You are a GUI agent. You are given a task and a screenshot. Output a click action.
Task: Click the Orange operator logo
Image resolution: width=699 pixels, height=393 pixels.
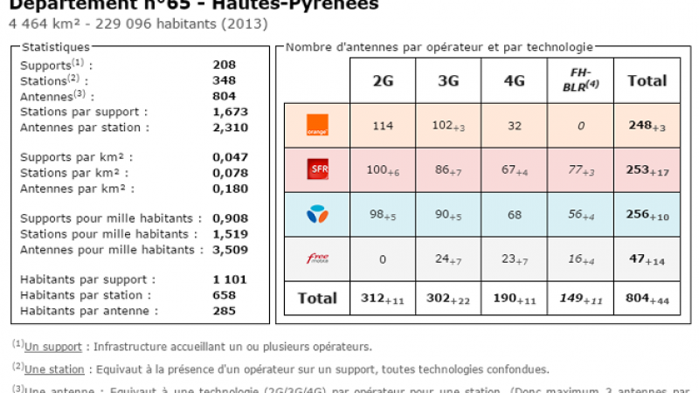pyautogui.click(x=317, y=126)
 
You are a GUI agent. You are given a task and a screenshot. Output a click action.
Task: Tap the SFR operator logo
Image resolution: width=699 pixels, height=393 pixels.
pyautogui.click(x=317, y=170)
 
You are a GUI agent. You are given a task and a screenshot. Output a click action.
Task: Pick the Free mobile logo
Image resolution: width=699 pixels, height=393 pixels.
pyautogui.click(x=317, y=259)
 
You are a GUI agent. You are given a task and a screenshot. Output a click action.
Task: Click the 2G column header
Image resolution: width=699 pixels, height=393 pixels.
pyautogui.click(x=383, y=81)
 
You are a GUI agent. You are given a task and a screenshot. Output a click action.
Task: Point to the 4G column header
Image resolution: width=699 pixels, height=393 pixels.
pyautogui.click(x=514, y=81)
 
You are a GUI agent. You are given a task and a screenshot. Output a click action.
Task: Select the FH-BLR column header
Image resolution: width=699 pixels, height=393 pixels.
pyautogui.click(x=581, y=80)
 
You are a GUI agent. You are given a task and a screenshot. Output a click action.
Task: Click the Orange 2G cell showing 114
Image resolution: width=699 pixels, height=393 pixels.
pyautogui.click(x=383, y=126)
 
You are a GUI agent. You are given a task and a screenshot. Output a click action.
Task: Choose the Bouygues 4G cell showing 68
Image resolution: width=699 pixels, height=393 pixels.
pyautogui.click(x=514, y=215)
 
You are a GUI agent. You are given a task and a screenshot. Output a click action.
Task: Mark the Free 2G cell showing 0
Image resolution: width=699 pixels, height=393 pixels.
pyautogui.click(x=383, y=259)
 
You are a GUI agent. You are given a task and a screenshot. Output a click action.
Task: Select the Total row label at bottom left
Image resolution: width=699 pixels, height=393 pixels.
pyautogui.click(x=317, y=299)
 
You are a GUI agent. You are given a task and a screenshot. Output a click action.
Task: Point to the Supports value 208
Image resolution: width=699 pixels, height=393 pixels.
pyautogui.click(x=224, y=65)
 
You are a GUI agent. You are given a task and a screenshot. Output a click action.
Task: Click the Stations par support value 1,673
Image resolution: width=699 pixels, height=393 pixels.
pyautogui.click(x=231, y=112)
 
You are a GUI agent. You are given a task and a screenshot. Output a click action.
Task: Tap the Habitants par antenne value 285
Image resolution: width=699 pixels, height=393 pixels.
pyautogui.click(x=224, y=310)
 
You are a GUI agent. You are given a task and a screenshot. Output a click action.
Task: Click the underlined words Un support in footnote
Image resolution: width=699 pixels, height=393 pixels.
pyautogui.click(x=53, y=347)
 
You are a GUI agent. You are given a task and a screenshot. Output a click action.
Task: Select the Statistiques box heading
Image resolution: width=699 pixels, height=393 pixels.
pyautogui.click(x=55, y=46)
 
